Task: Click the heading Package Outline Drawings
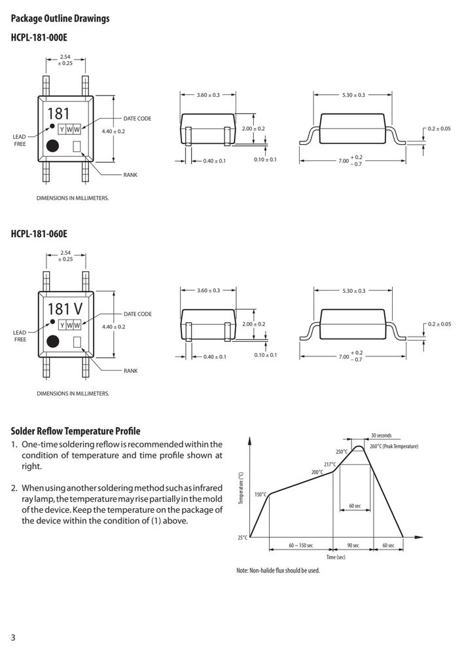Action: (x=60, y=18)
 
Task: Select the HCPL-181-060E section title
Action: (x=39, y=234)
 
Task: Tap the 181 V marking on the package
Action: (x=65, y=309)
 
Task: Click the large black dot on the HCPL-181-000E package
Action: (x=52, y=146)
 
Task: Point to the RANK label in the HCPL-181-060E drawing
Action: (x=131, y=371)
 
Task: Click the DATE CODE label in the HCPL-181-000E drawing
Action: (x=137, y=119)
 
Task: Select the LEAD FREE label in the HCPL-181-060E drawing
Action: (x=20, y=336)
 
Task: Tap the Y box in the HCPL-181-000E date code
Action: (x=62, y=130)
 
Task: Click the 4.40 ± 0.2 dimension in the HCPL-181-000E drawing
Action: (x=113, y=131)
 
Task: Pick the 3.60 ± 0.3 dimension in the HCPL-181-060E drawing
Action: (x=208, y=290)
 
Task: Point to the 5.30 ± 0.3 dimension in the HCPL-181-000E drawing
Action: (x=353, y=95)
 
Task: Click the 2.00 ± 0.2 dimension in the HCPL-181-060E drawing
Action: (x=253, y=324)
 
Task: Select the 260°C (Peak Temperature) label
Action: (x=394, y=446)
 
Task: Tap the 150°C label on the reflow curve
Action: (x=260, y=495)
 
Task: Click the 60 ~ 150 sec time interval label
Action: (x=300, y=546)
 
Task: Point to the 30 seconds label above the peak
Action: (x=382, y=436)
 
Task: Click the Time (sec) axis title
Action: (x=336, y=557)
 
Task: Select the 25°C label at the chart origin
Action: (x=243, y=537)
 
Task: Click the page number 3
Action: (x=13, y=637)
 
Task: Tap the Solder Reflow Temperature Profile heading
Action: (x=75, y=431)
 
